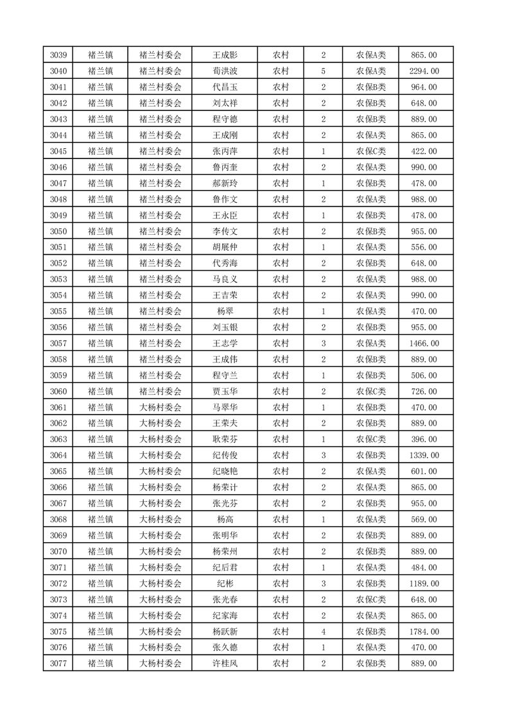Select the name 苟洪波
[x=225, y=71]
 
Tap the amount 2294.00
[x=424, y=71]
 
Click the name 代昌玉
[x=225, y=87]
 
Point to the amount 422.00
[x=424, y=151]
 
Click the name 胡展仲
[x=225, y=247]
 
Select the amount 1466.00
[x=424, y=343]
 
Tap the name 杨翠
[x=225, y=311]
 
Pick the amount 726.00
[x=424, y=391]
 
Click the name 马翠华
[x=225, y=407]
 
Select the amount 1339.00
[x=424, y=456]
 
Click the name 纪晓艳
[x=225, y=472]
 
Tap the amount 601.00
[x=424, y=472]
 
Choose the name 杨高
[x=225, y=520]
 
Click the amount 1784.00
[x=424, y=631]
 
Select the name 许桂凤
[x=225, y=664]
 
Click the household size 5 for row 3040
[x=323, y=71]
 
